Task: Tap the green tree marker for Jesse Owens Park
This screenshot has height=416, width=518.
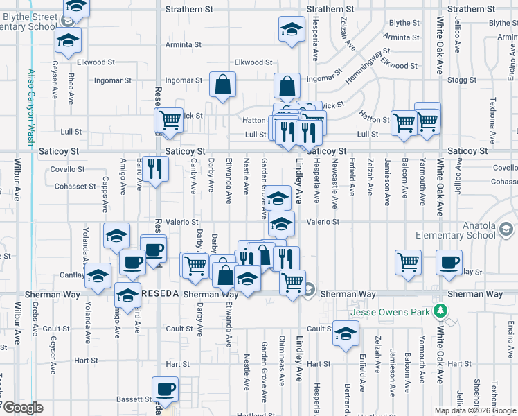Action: point(438,310)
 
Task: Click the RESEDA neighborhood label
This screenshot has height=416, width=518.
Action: point(160,294)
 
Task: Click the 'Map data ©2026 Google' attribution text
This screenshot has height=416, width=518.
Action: point(474,410)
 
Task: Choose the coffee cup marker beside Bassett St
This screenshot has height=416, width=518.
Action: point(165,390)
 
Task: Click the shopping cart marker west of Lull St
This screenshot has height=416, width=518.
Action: point(169,121)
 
